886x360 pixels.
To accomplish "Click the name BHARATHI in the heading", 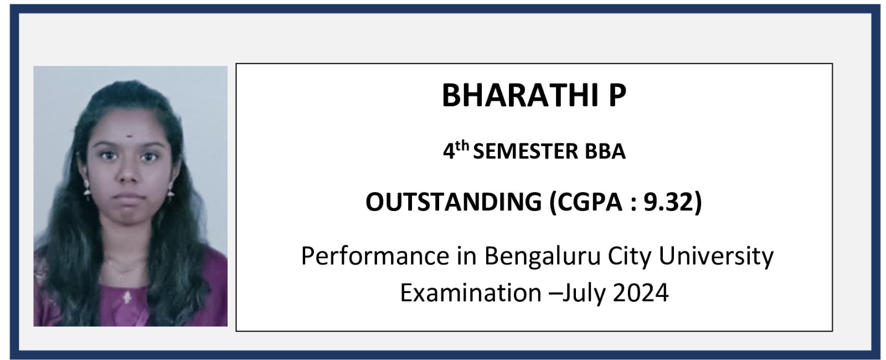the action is tap(519, 95).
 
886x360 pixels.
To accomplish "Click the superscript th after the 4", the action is tap(462, 147).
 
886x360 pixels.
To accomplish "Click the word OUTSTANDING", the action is tap(454, 202).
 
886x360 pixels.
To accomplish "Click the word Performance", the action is tap(375, 256).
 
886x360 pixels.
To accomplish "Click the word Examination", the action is tap(471, 293).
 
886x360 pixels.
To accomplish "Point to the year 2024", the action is tap(641, 293).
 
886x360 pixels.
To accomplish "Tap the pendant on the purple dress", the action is tap(127, 297).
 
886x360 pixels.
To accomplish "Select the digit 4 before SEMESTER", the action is tap(449, 152).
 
